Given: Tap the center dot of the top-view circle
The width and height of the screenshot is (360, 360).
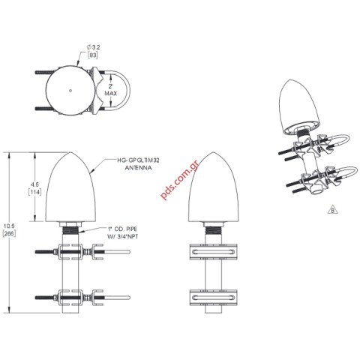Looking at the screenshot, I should click(70, 91).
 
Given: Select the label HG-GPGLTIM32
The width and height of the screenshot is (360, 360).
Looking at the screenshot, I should click(136, 160).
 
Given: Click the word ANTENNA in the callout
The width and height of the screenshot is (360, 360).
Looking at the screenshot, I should click(136, 169).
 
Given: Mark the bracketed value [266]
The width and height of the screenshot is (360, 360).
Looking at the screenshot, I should click(8, 234).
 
